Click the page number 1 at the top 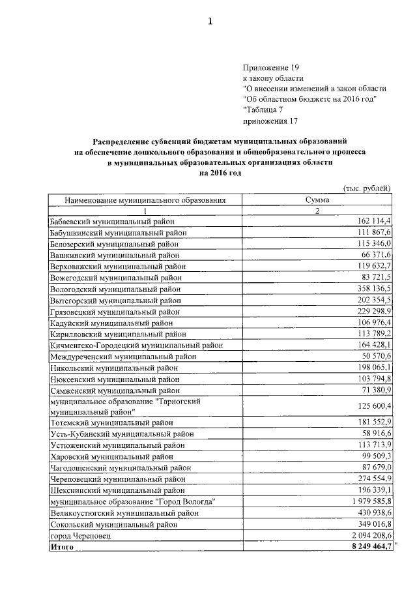210,22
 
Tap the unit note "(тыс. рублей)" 366,188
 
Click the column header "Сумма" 317,200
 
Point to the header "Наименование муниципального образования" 145,200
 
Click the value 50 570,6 375,357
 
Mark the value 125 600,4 372,407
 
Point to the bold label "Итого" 63,546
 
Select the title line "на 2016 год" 220,173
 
